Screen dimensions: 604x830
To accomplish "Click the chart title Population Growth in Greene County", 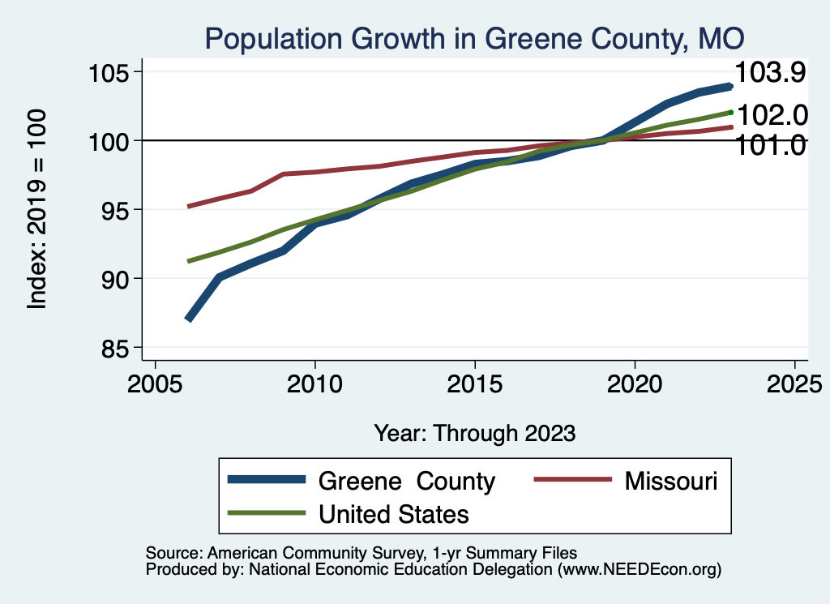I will click(474, 39).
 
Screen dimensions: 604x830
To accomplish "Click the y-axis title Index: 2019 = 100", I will click(37, 209).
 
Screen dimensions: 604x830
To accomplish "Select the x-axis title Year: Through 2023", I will click(474, 433).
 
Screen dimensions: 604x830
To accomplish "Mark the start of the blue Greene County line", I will click(188, 319).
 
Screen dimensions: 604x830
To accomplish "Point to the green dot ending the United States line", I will click(730, 113).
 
